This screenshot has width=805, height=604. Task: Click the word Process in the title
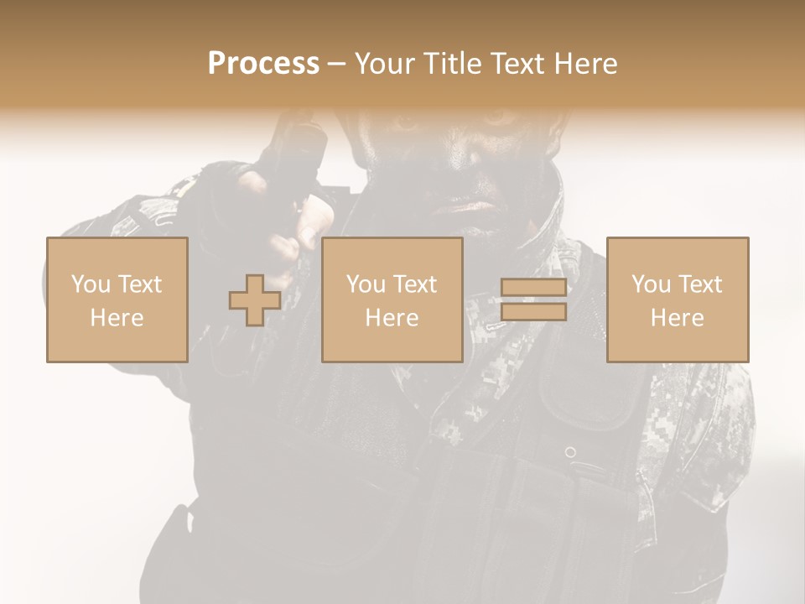pyautogui.click(x=263, y=64)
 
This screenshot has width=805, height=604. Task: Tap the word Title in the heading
pyautogui.click(x=449, y=64)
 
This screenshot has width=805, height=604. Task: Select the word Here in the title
pyautogui.click(x=585, y=64)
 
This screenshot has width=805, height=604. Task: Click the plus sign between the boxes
pyautogui.click(x=255, y=300)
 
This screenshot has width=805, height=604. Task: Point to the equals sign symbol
pyautogui.click(x=533, y=299)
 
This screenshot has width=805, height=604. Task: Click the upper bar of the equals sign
pyautogui.click(x=533, y=288)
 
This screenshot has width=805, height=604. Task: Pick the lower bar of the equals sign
pyautogui.click(x=533, y=312)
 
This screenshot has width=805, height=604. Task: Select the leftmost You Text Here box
pyautogui.click(x=117, y=299)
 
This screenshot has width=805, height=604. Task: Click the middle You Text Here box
pyautogui.click(x=392, y=299)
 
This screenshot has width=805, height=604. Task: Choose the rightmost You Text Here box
pyautogui.click(x=678, y=299)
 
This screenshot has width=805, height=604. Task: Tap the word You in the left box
pyautogui.click(x=90, y=284)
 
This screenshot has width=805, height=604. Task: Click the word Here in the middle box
pyautogui.click(x=392, y=318)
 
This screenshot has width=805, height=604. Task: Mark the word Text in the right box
pyautogui.click(x=700, y=284)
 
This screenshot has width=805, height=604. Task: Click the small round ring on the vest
pyautogui.click(x=570, y=452)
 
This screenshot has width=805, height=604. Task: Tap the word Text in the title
pyautogui.click(x=518, y=64)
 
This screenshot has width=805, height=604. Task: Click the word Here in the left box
pyautogui.click(x=117, y=318)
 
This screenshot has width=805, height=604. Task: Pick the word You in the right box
pyautogui.click(x=651, y=284)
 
